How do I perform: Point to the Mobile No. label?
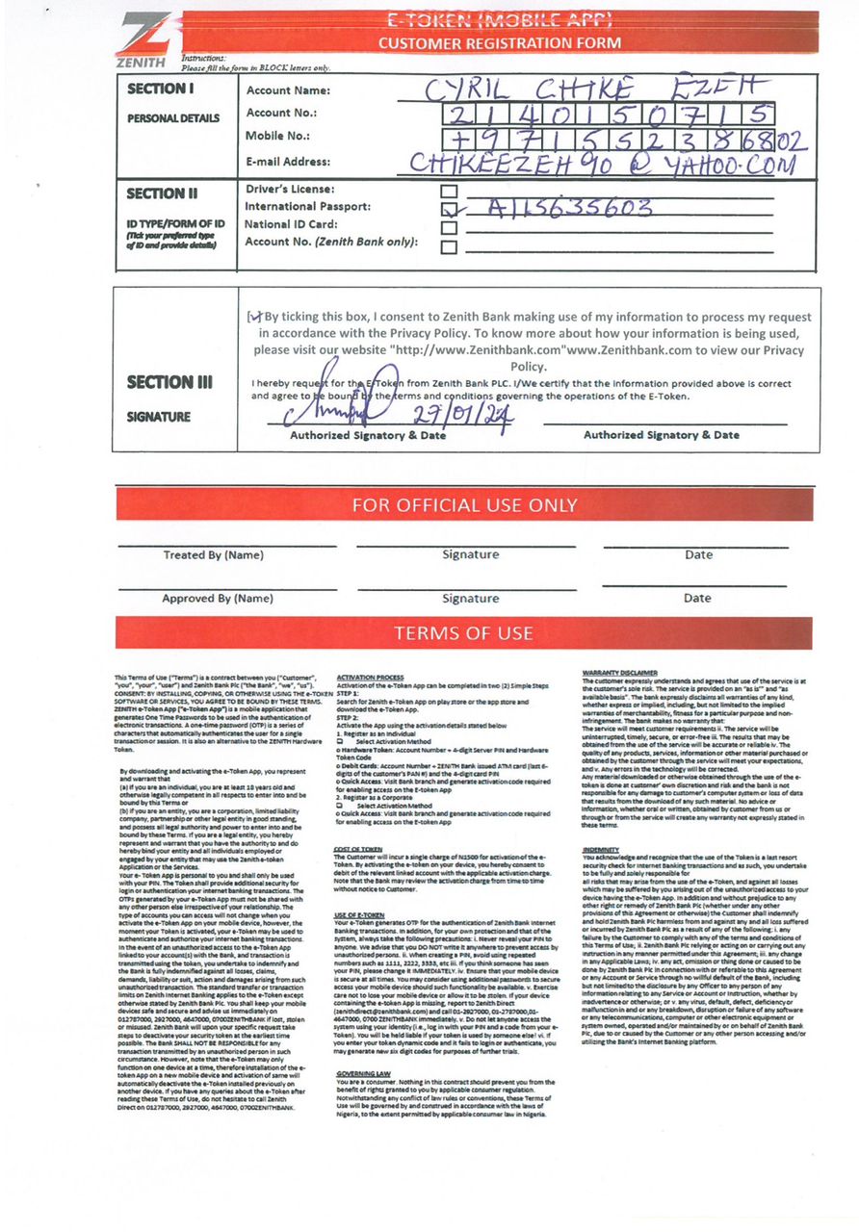point(277,136)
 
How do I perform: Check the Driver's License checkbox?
point(447,191)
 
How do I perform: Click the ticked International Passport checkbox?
point(447,209)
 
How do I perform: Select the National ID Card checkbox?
point(447,226)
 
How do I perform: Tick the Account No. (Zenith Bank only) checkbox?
point(447,244)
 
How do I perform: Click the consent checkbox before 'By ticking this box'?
point(255,317)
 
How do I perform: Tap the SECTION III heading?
point(169,382)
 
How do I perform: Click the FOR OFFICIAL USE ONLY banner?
point(464,505)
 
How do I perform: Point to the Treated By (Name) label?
point(213,555)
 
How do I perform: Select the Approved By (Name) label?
point(217,599)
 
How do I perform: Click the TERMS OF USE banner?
point(463,633)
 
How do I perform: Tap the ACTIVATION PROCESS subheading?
point(371,678)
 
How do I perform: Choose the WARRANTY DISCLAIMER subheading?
point(620,673)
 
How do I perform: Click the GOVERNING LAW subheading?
point(364,1072)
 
